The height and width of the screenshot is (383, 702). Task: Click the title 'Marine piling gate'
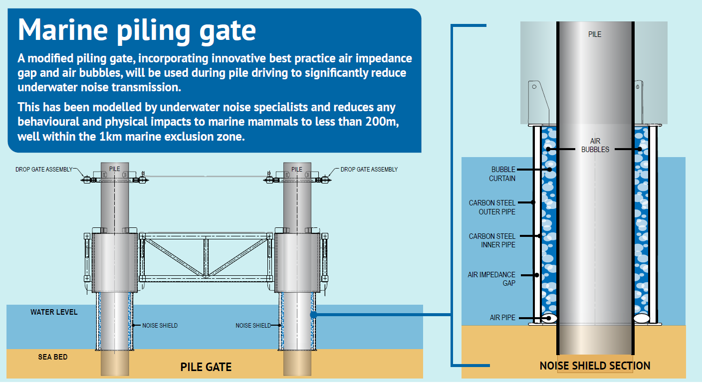click(137, 31)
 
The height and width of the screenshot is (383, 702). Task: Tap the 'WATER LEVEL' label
click(54, 312)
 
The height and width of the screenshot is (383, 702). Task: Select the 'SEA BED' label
click(53, 357)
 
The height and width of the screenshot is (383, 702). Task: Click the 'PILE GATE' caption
click(206, 367)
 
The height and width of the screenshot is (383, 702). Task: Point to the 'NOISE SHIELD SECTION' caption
click(595, 366)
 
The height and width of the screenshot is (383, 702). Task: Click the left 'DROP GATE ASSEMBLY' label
click(44, 170)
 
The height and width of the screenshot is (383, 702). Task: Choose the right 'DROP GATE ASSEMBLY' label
click(369, 170)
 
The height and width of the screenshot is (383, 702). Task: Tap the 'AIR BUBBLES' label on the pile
click(595, 145)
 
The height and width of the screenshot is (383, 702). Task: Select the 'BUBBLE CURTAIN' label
click(502, 174)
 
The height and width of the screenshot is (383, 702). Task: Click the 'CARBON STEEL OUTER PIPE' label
click(492, 207)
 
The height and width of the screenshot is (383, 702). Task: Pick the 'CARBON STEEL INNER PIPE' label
click(492, 240)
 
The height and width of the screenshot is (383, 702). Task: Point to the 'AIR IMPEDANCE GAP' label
click(491, 279)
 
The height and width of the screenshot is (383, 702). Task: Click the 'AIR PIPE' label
click(502, 318)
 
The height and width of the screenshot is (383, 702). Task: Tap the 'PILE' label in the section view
click(595, 34)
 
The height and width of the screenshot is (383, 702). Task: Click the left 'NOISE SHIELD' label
click(160, 326)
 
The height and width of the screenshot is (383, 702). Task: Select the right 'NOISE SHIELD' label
click(253, 326)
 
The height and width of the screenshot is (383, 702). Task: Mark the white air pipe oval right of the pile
click(642, 318)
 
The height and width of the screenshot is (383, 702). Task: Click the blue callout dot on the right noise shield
click(314, 315)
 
